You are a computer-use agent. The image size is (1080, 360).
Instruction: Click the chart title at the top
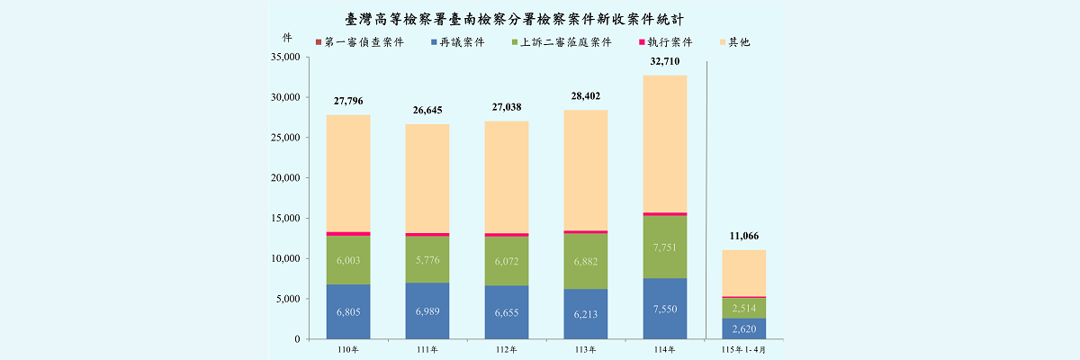515,19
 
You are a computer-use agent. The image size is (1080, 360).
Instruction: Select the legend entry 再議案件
458,42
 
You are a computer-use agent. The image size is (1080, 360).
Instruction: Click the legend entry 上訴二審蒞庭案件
562,42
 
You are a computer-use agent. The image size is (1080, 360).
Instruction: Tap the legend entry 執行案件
666,42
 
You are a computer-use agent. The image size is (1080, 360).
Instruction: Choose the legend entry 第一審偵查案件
360,42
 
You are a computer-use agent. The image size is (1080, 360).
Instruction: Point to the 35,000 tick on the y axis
285,57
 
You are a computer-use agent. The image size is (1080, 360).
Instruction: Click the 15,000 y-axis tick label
285,218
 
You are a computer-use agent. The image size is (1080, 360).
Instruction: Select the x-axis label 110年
348,350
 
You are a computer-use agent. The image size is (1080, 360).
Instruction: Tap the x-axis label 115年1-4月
743,350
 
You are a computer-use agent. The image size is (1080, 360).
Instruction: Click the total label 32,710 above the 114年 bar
665,61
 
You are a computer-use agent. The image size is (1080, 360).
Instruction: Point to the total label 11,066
744,236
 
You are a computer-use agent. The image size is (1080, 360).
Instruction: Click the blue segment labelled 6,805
348,311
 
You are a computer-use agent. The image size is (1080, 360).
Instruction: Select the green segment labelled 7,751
665,247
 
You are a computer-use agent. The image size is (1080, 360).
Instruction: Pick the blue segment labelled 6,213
585,314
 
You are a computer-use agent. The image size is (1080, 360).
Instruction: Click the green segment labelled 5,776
427,259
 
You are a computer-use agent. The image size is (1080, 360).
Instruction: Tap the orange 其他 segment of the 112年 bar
506,177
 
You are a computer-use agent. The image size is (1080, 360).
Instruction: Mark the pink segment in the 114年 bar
665,214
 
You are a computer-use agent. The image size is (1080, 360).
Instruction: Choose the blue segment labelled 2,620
744,328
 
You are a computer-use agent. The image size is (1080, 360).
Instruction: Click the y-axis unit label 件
287,38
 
